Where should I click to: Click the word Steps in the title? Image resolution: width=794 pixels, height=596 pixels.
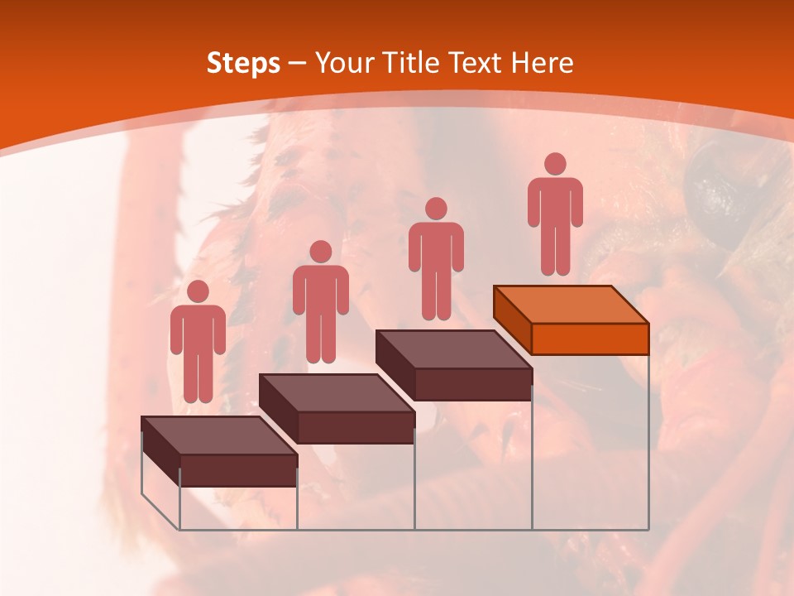(243, 63)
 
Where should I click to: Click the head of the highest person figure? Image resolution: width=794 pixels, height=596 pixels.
(555, 164)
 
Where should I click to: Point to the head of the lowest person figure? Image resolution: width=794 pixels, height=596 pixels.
(198, 291)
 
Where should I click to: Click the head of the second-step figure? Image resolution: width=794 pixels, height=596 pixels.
(320, 252)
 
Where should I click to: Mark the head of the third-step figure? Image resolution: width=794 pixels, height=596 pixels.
(436, 209)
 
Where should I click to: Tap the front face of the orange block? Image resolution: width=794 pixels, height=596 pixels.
(590, 339)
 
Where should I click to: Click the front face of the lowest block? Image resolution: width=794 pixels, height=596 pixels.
(238, 469)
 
